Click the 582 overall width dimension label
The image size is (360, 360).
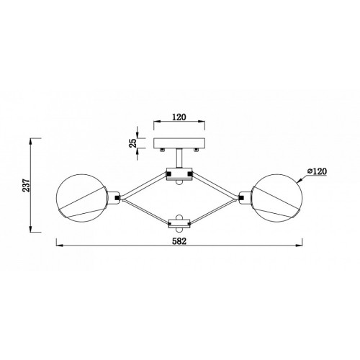(179, 241)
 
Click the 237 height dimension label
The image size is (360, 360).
(26, 185)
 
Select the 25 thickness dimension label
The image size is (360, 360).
(133, 143)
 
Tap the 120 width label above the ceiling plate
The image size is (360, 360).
(179, 117)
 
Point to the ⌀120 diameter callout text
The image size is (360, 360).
(317, 171)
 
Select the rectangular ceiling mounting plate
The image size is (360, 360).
(179, 143)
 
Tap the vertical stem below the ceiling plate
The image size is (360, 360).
(179, 158)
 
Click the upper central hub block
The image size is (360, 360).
(179, 174)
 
